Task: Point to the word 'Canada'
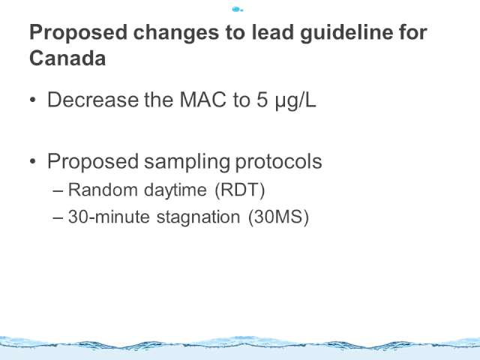[67, 58]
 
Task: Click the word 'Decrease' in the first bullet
[93, 100]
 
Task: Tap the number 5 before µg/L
[262, 100]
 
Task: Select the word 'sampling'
[187, 162]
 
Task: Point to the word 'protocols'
[278, 162]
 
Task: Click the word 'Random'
[103, 190]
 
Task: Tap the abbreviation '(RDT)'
[240, 190]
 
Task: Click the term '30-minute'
[109, 217]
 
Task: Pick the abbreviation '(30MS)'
[278, 217]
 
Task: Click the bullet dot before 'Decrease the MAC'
[33, 100]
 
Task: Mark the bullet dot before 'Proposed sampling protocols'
[33, 162]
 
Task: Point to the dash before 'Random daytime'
[58, 191]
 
